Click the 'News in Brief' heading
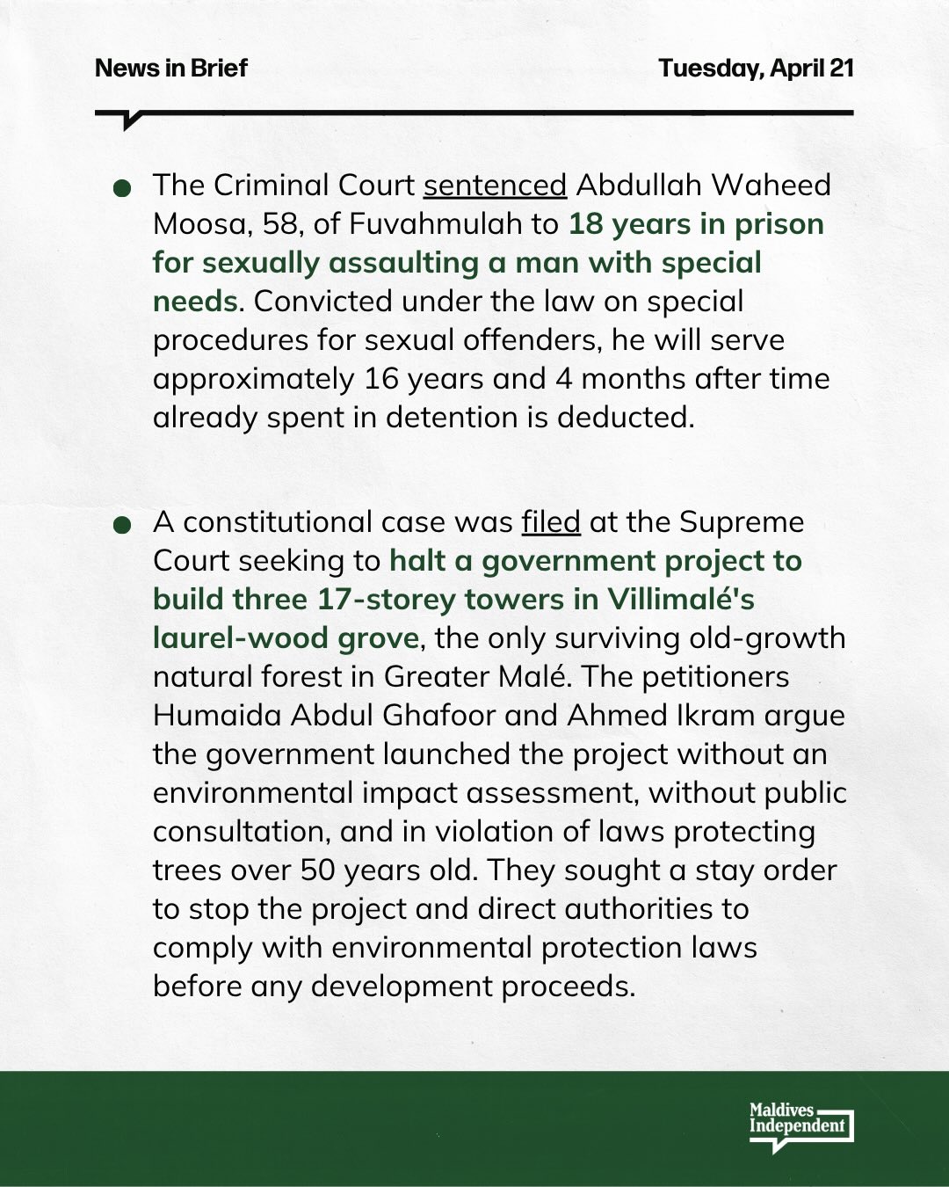[171, 68]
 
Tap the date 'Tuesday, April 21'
[756, 68]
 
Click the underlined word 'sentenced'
[495, 186]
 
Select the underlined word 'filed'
[551, 522]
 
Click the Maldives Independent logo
[800, 1125]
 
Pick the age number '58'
[279, 224]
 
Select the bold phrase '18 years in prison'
[696, 224]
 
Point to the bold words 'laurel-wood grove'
[286, 638]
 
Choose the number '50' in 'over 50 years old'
[317, 870]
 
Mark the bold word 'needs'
[194, 302]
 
